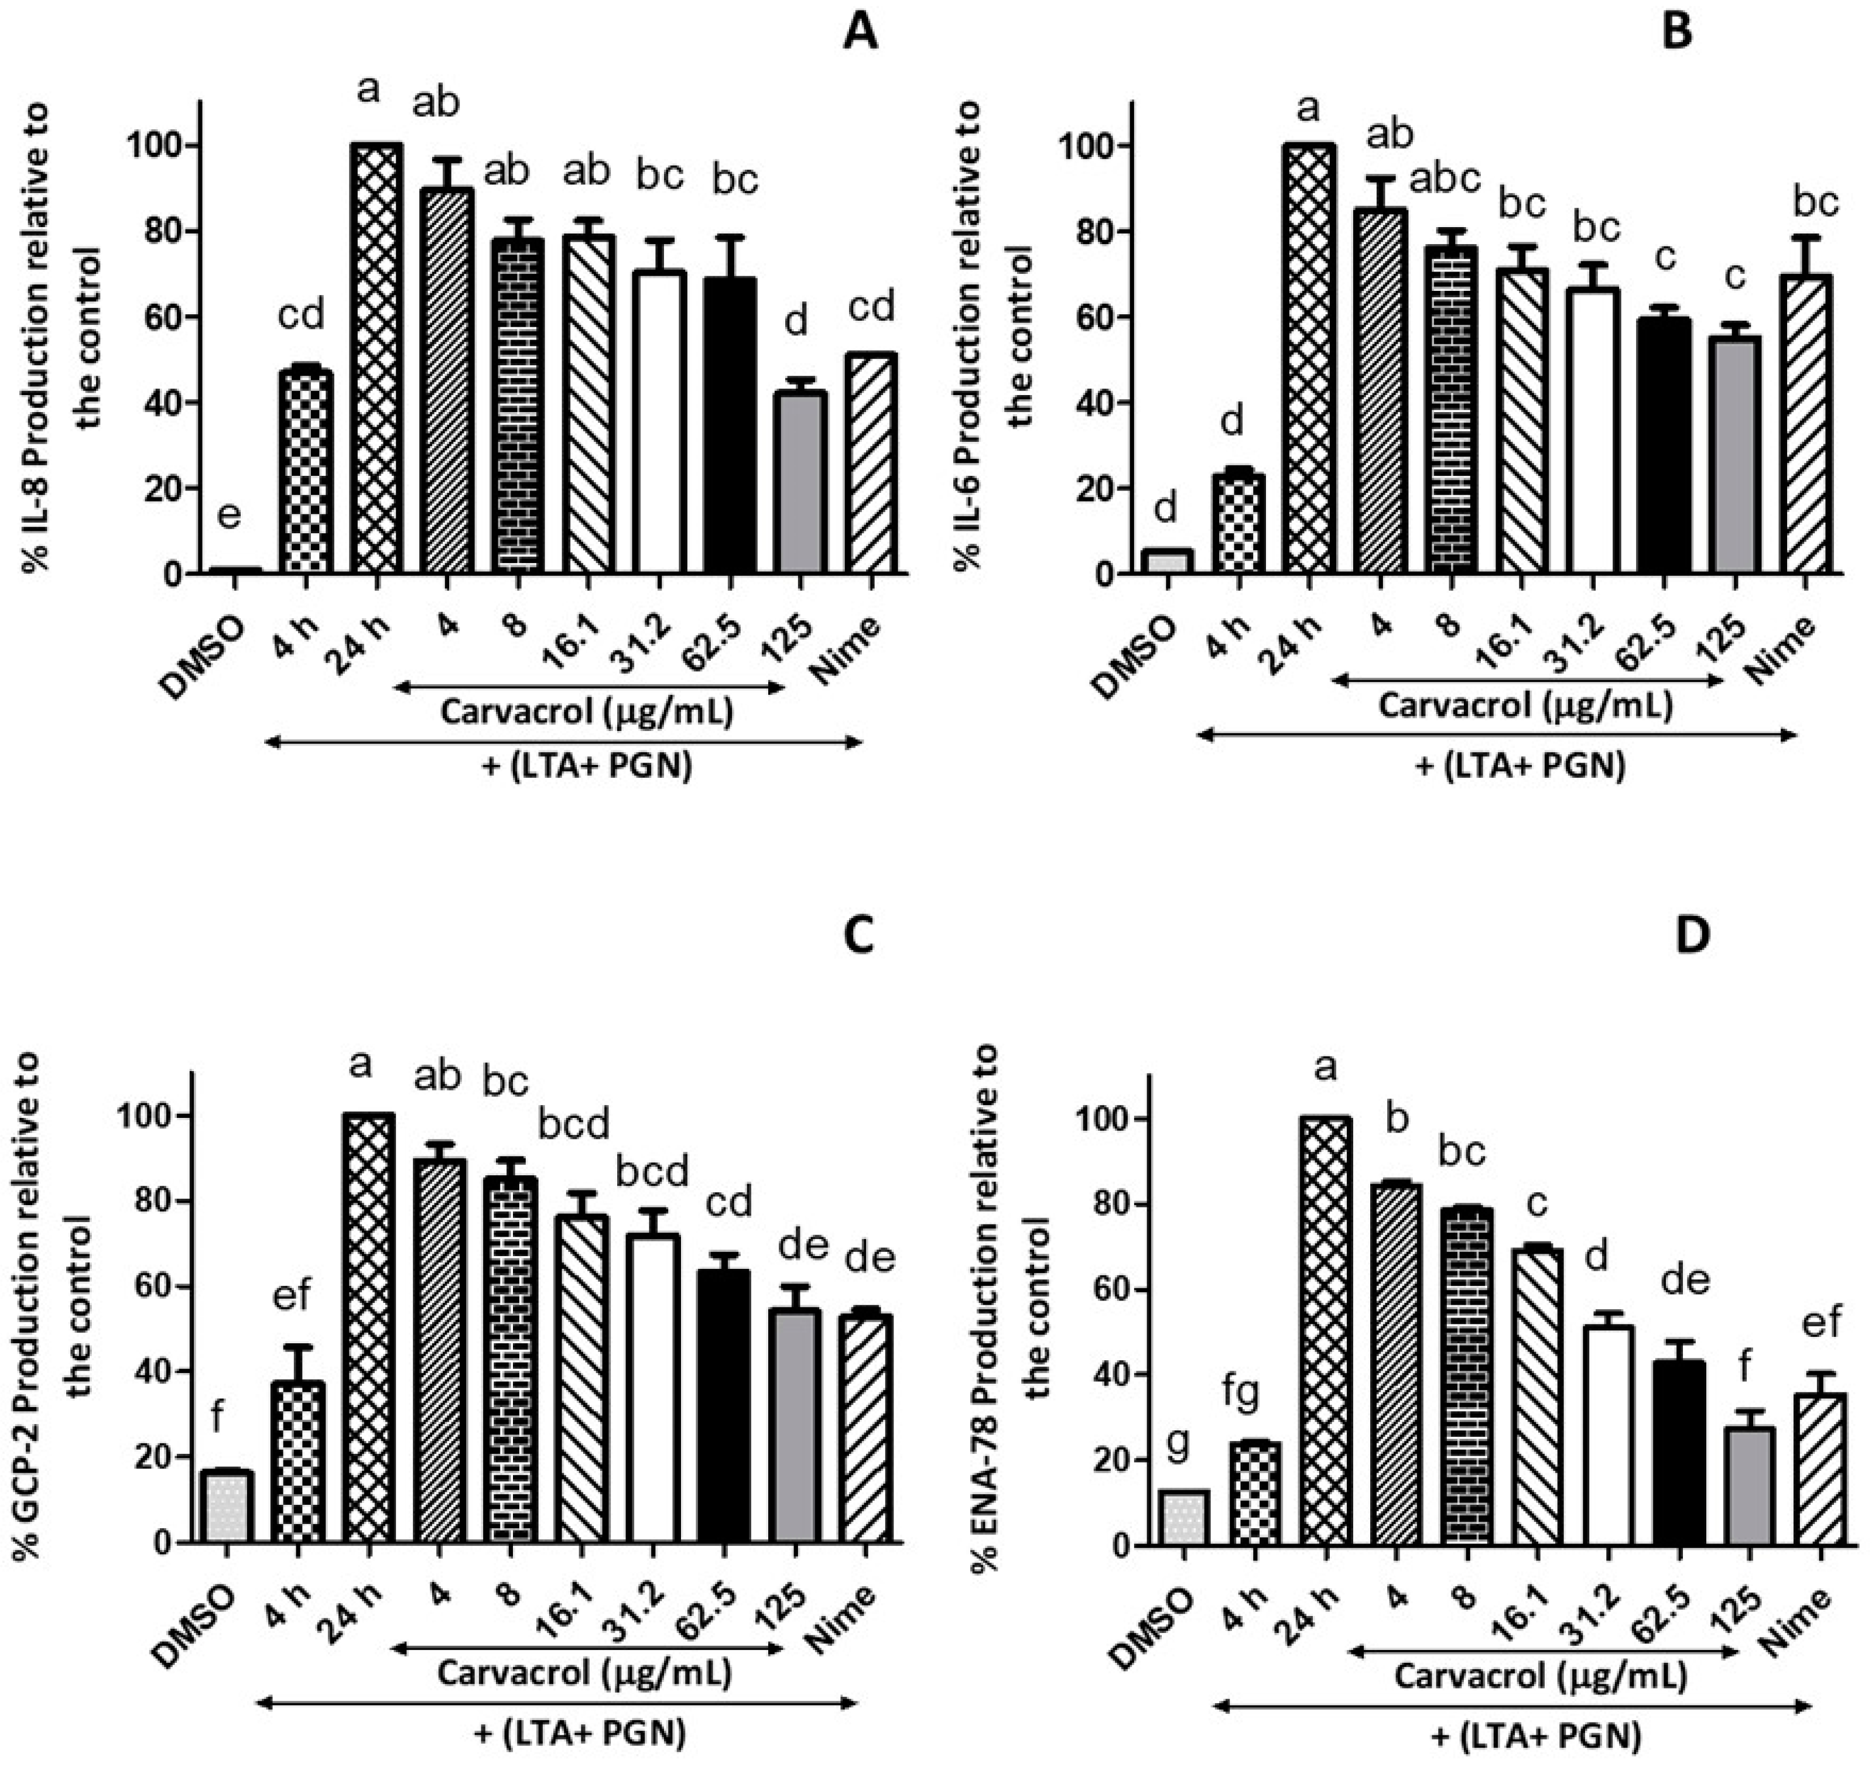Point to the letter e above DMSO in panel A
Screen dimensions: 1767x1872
click(x=229, y=515)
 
